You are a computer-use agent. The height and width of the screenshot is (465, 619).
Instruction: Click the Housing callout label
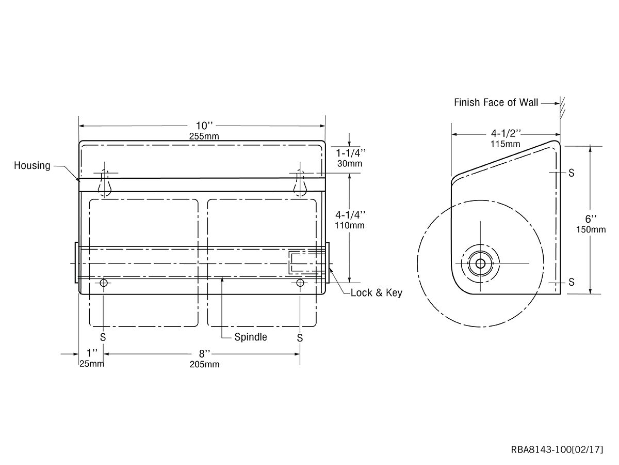point(32,165)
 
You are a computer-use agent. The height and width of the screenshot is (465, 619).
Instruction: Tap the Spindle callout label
point(251,337)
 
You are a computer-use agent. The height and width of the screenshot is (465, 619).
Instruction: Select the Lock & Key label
point(376,293)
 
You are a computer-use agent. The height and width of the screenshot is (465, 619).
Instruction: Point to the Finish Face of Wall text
point(496,102)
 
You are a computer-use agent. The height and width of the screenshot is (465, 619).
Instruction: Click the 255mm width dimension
point(204,136)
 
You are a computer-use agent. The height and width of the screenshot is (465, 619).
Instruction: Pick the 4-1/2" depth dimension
point(506,133)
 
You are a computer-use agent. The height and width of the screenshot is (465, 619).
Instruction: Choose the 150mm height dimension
point(591,229)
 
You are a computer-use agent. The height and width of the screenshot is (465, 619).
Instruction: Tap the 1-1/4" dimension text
point(351,153)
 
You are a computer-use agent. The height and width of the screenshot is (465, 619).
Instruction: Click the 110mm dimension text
point(350,225)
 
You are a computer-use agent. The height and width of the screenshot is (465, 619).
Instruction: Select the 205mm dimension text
point(204,364)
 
